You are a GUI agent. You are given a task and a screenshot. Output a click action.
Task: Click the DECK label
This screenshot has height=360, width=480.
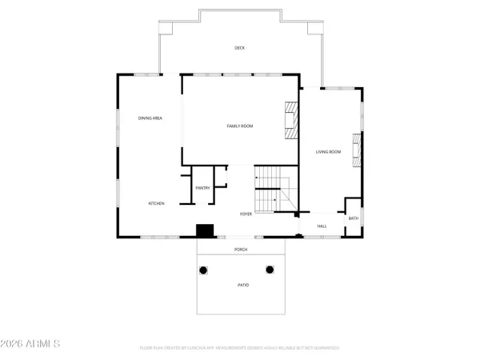click(239, 48)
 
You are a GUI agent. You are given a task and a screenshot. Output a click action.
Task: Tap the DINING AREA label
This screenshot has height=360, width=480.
click(150, 118)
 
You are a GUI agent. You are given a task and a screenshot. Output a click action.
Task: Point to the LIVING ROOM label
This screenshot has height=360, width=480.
click(328, 151)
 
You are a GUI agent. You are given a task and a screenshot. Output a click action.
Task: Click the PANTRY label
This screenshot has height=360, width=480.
click(202, 188)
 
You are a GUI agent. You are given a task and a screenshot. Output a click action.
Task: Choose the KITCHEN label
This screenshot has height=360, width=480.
click(157, 204)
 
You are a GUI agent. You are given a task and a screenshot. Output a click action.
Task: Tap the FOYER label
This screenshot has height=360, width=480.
click(246, 214)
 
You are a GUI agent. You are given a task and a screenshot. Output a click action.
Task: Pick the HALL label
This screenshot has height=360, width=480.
click(322, 226)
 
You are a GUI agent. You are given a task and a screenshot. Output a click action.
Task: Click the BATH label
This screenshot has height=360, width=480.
click(352, 218)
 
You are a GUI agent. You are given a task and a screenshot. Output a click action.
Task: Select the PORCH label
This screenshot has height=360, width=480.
click(240, 250)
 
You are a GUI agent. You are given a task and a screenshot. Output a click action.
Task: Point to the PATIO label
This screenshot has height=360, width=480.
click(242, 285)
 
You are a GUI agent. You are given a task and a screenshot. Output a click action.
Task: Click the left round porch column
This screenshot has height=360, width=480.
click(203, 270)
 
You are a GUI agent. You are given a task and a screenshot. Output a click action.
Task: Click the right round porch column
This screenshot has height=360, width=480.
click(270, 270)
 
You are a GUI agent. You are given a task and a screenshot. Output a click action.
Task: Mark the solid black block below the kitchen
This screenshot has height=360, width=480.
click(206, 230)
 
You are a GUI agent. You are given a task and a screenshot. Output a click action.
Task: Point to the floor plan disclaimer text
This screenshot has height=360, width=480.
click(239, 348)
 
